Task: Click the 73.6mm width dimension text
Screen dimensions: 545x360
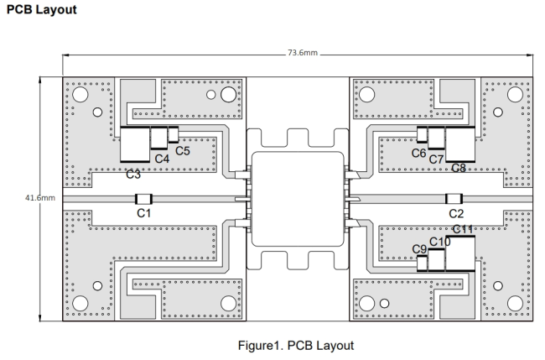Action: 303,53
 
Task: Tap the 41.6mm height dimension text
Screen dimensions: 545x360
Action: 40,198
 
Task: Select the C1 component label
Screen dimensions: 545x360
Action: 144,213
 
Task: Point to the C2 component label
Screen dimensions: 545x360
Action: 456,213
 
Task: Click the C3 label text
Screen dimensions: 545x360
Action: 133,174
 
